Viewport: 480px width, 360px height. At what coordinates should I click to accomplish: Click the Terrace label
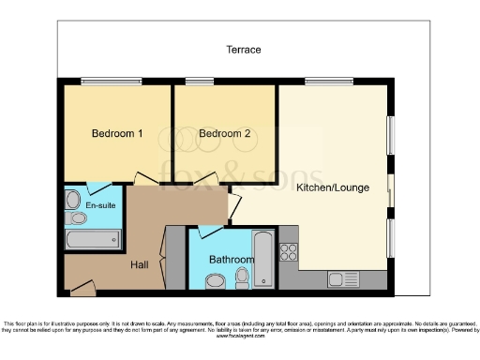[243, 50]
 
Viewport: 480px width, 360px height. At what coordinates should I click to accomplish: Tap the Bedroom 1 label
[116, 134]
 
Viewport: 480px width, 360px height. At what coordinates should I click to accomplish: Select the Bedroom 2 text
[225, 134]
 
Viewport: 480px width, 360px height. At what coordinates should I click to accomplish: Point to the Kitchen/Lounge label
[333, 187]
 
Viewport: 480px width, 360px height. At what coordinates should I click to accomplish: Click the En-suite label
[101, 205]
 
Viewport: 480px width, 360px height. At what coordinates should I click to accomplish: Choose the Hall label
[140, 265]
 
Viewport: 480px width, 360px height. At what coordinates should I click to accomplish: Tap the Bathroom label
[231, 260]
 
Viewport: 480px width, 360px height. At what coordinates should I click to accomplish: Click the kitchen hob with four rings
[289, 251]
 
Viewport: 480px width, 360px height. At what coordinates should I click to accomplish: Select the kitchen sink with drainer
[337, 278]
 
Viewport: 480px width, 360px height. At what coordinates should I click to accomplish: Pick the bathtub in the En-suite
[93, 239]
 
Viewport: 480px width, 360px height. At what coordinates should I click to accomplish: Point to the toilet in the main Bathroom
[243, 277]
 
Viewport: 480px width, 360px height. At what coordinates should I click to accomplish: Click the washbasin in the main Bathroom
[215, 279]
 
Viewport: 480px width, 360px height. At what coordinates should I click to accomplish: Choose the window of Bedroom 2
[199, 82]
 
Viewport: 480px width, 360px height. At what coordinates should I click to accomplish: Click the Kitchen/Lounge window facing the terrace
[322, 82]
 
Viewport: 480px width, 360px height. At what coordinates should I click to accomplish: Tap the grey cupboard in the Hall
[174, 258]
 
